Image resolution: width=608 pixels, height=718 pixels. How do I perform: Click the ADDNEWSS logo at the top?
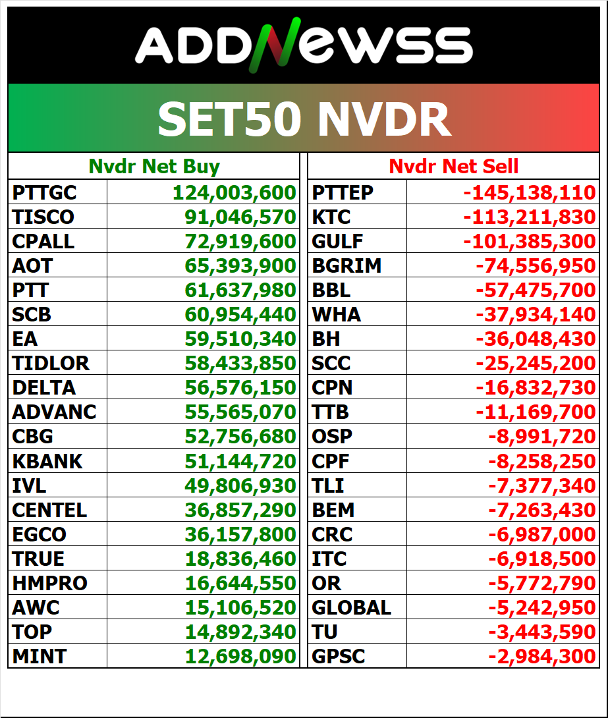[x=304, y=46]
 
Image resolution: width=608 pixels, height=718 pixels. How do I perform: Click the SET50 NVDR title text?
[x=304, y=119]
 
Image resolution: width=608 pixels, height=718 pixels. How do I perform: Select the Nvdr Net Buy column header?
[x=154, y=167]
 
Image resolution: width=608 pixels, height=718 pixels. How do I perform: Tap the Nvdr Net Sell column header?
[x=454, y=167]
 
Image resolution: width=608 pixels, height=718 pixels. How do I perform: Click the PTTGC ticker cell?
[x=44, y=193]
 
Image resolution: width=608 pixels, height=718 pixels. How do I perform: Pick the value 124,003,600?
[x=235, y=193]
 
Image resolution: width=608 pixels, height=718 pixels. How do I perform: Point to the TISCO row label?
[x=43, y=217]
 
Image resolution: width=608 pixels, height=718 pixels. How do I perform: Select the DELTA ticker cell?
[x=43, y=388]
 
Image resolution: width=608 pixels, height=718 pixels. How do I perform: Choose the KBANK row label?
[x=47, y=461]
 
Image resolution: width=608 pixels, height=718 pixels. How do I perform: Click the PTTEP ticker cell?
[x=343, y=193]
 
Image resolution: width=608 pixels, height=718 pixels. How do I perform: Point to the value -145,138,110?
[x=530, y=193]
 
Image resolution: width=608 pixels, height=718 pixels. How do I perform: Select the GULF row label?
[x=337, y=242]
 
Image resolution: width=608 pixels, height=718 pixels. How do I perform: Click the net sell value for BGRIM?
[x=535, y=266]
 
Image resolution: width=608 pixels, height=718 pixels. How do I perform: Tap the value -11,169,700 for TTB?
[x=535, y=412]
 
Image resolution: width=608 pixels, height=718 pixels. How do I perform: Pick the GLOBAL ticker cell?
[x=351, y=607]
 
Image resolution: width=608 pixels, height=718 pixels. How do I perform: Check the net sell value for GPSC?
[x=541, y=656]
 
